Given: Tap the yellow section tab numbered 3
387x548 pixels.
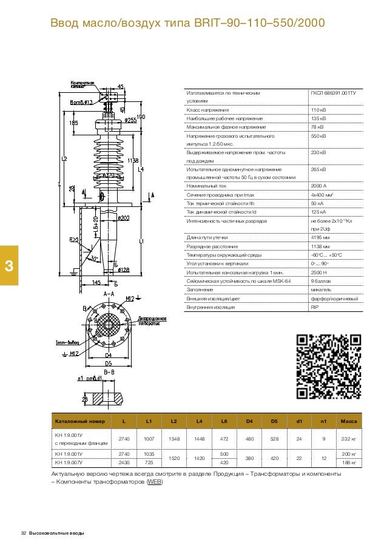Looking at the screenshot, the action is tap(8, 265).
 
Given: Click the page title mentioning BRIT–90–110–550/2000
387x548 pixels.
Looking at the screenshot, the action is tap(187, 23).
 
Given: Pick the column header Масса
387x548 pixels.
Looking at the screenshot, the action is tap(349, 421).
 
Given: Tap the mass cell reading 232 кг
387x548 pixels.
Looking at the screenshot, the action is tap(349, 439).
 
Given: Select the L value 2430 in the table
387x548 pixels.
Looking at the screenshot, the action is tap(124, 463).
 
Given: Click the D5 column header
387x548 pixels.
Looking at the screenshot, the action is tap(274, 421).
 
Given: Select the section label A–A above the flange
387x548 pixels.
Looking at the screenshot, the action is tap(109, 293).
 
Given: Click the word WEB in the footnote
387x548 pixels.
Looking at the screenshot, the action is tap(154, 483).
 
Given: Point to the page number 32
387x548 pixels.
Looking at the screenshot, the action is tap(24, 533).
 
